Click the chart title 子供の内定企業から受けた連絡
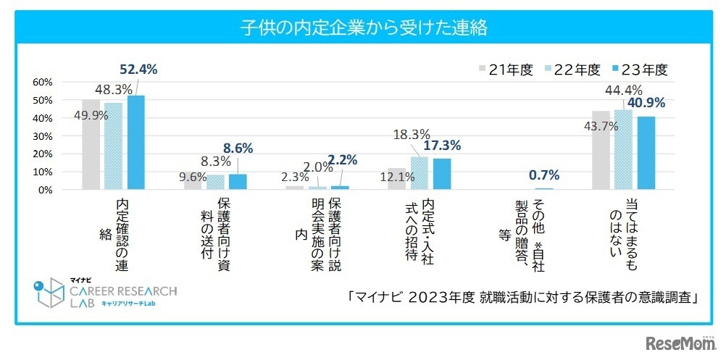pyautogui.click(x=362, y=28)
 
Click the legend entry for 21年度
pyautogui.click(x=506, y=70)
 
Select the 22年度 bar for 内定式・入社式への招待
pyautogui.click(x=420, y=174)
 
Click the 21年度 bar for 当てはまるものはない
pyautogui.click(x=601, y=151)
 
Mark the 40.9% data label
pyautogui.click(x=646, y=103)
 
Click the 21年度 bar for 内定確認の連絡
pyautogui.click(x=91, y=145)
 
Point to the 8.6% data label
pyautogui.click(x=237, y=148)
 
